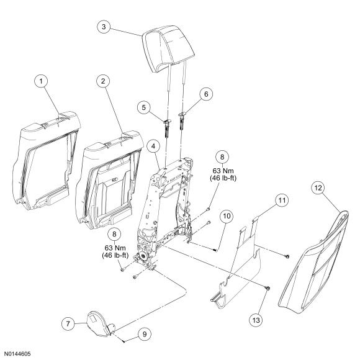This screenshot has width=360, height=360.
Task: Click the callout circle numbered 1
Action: [x=41, y=81]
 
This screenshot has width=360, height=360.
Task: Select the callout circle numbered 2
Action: [x=103, y=81]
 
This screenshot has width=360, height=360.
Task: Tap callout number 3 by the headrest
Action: [x=104, y=27]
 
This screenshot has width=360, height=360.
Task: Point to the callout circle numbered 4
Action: [x=153, y=146]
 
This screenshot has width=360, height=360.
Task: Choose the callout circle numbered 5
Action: [x=144, y=107]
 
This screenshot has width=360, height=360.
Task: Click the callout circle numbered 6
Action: [x=206, y=94]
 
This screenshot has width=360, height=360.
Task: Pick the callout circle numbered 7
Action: [x=68, y=324]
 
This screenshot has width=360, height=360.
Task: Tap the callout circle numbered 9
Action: [x=144, y=334]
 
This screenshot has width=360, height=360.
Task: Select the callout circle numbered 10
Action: [x=227, y=216]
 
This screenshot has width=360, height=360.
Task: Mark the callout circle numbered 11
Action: [x=282, y=200]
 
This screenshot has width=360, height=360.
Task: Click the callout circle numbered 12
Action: [x=318, y=188]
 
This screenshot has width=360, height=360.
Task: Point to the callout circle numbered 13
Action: [x=256, y=320]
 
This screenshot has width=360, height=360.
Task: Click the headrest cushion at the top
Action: [x=168, y=48]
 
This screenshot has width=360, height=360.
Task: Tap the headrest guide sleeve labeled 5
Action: [x=168, y=128]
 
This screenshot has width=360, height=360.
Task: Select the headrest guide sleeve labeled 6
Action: [x=182, y=121]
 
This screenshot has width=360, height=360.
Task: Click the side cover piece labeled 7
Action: [x=101, y=324]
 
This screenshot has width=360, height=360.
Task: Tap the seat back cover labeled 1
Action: [x=46, y=161]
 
